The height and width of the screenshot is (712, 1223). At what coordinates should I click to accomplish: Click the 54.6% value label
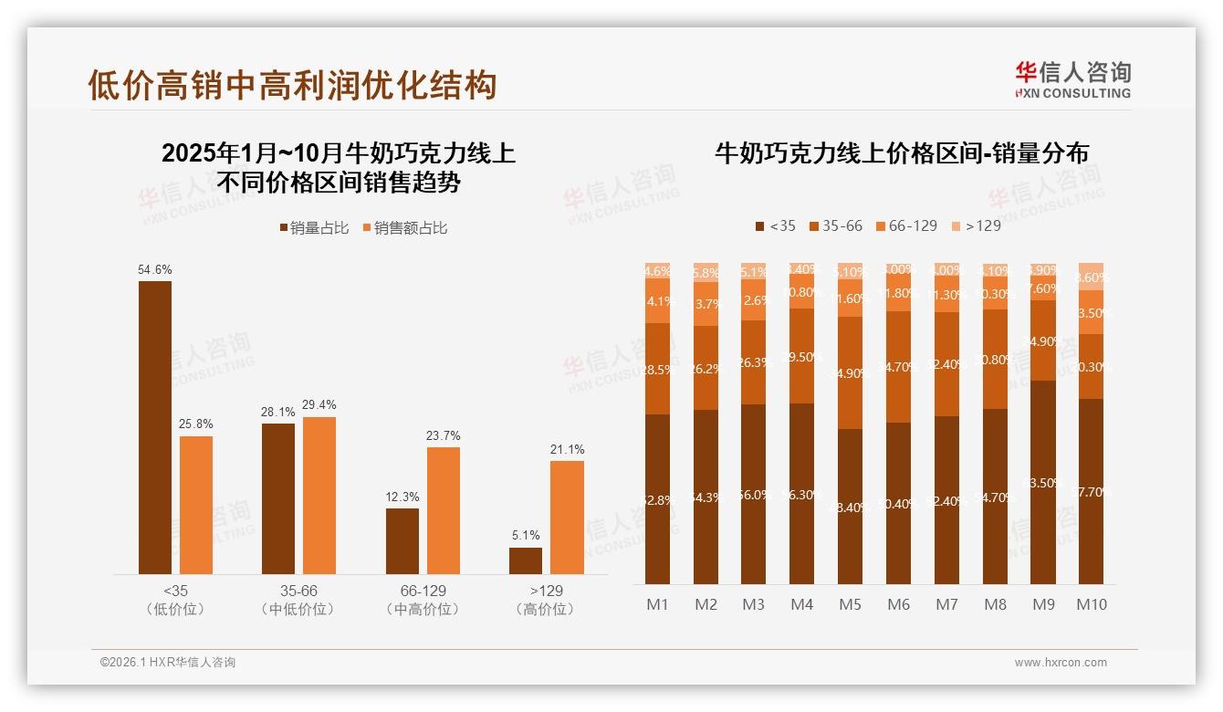click(154, 270)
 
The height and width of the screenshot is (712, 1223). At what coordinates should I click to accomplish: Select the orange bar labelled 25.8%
click(195, 505)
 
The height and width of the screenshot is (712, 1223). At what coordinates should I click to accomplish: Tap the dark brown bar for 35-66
click(277, 498)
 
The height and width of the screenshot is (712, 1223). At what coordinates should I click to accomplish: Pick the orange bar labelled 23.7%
click(443, 510)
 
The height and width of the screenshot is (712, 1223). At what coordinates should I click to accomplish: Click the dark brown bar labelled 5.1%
click(525, 560)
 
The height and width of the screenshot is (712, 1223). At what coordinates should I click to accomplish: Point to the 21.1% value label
click(567, 449)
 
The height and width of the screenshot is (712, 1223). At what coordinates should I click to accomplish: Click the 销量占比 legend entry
click(314, 228)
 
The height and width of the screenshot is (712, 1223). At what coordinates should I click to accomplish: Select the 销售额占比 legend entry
click(405, 228)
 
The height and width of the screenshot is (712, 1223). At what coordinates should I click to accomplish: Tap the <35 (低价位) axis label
click(175, 600)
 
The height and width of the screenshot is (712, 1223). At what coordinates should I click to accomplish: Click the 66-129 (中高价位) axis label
click(423, 600)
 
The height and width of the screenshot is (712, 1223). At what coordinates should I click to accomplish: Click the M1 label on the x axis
click(657, 604)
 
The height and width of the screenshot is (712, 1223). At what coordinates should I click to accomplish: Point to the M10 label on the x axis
click(1091, 604)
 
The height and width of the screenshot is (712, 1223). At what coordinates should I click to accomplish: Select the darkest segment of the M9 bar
click(1042, 482)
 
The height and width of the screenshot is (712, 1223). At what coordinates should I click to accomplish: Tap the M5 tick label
click(850, 604)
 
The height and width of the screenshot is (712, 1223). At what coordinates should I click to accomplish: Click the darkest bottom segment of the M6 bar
click(898, 503)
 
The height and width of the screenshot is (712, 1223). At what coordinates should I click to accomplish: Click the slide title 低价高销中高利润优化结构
click(292, 85)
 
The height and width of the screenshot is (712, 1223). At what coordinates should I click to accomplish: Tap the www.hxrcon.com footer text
click(1060, 663)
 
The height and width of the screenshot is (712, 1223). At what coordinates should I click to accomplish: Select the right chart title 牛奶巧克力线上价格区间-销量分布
click(901, 153)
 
